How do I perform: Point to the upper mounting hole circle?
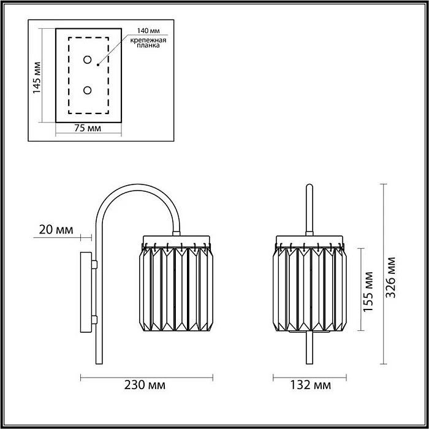(88, 59)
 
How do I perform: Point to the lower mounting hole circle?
(88, 90)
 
